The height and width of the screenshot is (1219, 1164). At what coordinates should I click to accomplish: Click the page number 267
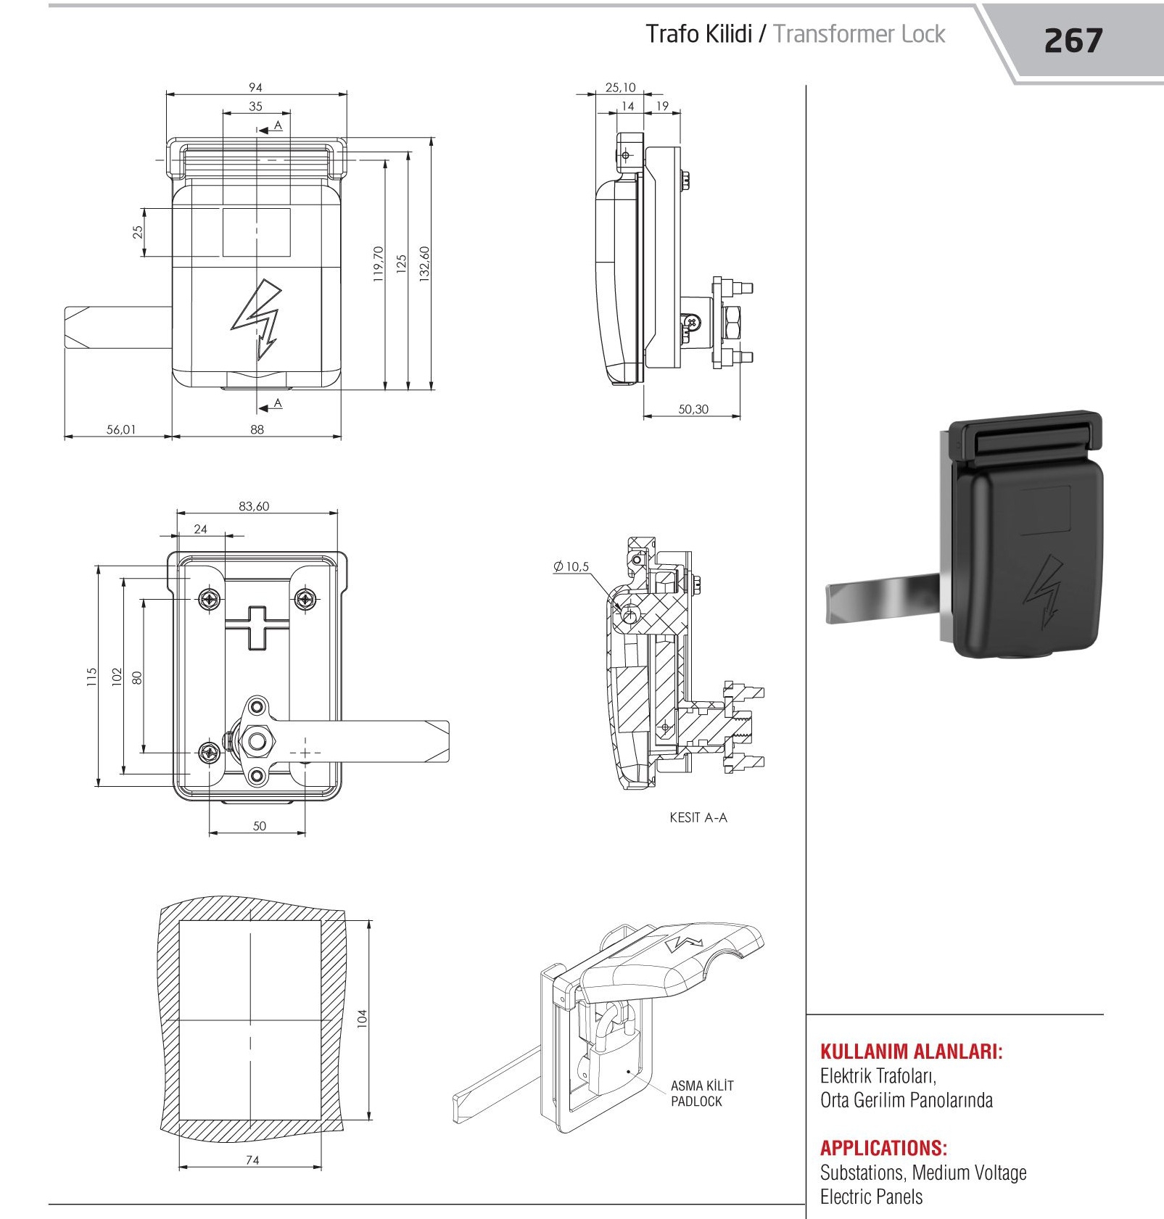click(1073, 41)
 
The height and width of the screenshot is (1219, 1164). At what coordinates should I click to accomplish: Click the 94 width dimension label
click(255, 87)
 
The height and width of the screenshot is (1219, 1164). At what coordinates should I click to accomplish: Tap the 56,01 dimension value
click(121, 429)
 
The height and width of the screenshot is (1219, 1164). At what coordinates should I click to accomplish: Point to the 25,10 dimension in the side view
click(620, 87)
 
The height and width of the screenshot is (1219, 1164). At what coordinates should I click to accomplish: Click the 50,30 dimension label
click(693, 409)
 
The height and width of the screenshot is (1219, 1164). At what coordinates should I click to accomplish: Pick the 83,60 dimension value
click(254, 506)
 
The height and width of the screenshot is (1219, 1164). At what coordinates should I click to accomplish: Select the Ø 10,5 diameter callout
click(571, 566)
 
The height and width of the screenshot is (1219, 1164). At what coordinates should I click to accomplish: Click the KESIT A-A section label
click(698, 817)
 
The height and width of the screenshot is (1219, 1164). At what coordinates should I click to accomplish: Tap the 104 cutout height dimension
click(363, 1018)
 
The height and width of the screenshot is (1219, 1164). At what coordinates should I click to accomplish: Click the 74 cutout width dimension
click(252, 1160)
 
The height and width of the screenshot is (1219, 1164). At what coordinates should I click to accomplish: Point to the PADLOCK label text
click(696, 1102)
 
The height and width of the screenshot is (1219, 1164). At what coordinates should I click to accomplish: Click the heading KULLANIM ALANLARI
click(912, 1051)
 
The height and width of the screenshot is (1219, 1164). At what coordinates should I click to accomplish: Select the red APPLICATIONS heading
click(883, 1148)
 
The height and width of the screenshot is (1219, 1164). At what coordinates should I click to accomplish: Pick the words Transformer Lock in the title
click(859, 34)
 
